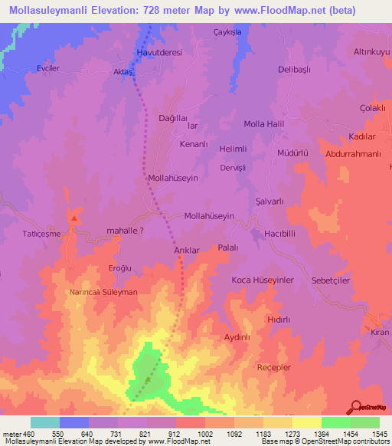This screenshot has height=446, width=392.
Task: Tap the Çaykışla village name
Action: point(227,32)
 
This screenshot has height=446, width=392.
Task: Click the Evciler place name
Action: point(48,68)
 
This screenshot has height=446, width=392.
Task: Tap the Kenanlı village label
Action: point(194,144)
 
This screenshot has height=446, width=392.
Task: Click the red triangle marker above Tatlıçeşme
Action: point(74,218)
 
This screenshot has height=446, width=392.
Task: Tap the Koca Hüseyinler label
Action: point(263,280)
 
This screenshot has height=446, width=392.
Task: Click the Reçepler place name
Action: point(274,368)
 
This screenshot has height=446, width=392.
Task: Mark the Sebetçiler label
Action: point(331,280)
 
